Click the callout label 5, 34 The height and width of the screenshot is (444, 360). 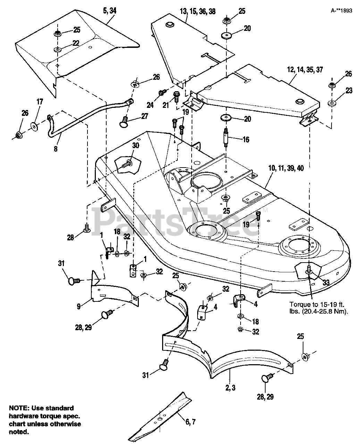pyautogui.click(x=110, y=11)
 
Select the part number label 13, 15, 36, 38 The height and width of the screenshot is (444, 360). pyautogui.click(x=198, y=11)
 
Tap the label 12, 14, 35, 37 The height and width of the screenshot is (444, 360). pyautogui.click(x=305, y=69)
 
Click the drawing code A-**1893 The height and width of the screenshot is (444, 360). pyautogui.click(x=341, y=11)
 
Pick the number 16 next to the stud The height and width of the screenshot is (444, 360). pyautogui.click(x=246, y=139)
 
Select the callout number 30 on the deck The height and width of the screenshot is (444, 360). pyautogui.click(x=136, y=145)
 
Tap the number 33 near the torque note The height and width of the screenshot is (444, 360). pyautogui.click(x=326, y=282)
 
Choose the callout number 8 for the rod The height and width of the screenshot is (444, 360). pyautogui.click(x=56, y=149)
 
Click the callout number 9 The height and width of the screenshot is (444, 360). pyautogui.click(x=79, y=306)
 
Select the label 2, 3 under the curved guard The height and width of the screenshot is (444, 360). pyautogui.click(x=230, y=387)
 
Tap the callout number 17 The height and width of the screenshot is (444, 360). pyautogui.click(x=40, y=102)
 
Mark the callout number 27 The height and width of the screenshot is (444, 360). pyautogui.click(x=144, y=116)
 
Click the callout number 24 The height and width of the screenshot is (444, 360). pyautogui.click(x=150, y=105)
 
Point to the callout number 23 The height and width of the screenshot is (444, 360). pyautogui.click(x=349, y=91)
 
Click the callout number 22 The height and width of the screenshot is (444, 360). pyautogui.click(x=76, y=43)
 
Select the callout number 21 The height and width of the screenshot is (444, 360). pyautogui.click(x=166, y=105)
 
